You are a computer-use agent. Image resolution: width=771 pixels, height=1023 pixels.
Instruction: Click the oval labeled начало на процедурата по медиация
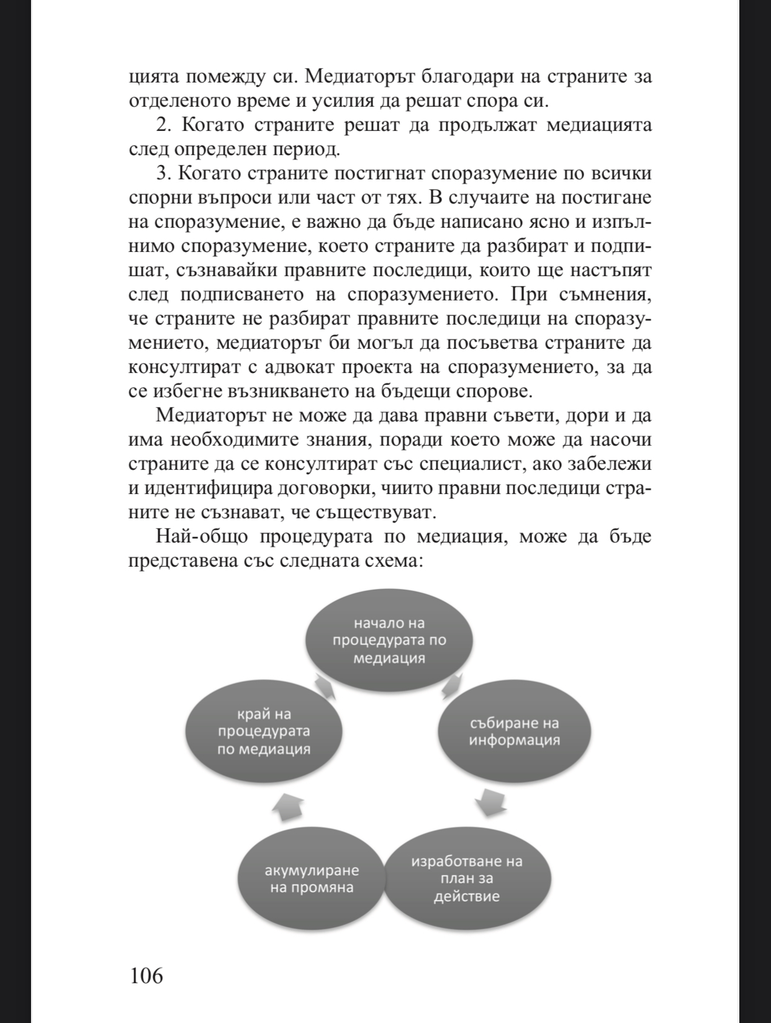point(389,641)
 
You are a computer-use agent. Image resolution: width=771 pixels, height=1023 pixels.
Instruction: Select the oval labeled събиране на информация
point(515,732)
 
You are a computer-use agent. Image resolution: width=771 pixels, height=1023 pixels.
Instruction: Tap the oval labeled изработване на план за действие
point(467,878)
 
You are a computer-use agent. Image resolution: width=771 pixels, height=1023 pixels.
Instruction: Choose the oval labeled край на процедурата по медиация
point(264,732)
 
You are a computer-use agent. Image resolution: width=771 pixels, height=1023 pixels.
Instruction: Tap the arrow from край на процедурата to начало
point(325,687)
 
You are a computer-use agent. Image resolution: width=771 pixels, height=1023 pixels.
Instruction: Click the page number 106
point(146,975)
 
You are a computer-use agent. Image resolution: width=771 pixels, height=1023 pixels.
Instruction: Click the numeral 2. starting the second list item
point(163,125)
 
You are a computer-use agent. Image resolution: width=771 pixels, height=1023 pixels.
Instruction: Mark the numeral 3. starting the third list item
point(163,173)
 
